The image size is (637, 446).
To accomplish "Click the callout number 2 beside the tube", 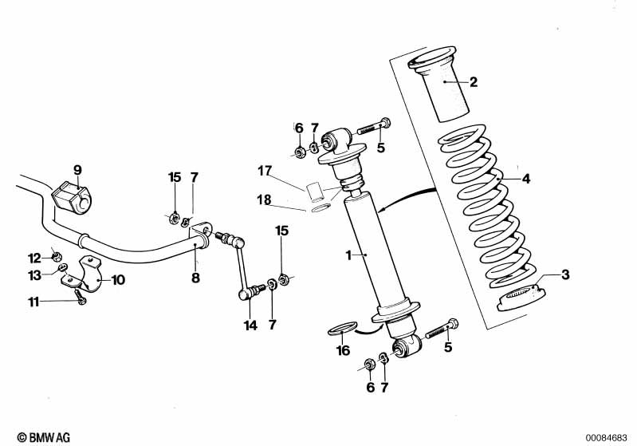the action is point(474,82).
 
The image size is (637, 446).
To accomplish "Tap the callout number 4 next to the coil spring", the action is point(525,179).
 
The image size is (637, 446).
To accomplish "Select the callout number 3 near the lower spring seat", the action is point(565,274).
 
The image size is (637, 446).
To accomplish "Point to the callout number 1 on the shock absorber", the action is point(348,255).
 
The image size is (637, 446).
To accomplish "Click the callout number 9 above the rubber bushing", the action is point(77,170).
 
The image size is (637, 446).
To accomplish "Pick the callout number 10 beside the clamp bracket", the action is point(118,280).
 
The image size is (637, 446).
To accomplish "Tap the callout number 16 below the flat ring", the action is point(344,350).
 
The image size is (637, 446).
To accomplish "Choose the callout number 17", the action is point(265,171).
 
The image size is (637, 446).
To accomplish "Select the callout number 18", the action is point(264,199).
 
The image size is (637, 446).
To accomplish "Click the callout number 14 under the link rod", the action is point(250,326).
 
